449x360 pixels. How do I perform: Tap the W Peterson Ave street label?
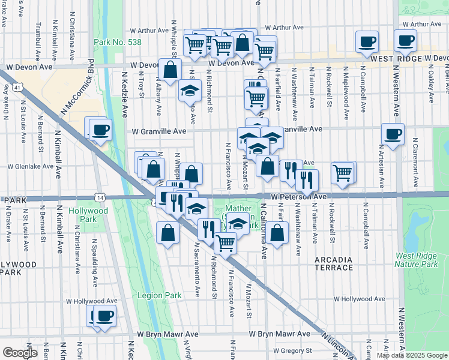click(298, 196)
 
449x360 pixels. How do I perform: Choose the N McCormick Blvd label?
click(92, 81)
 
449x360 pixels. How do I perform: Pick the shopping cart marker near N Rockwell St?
click(342, 172)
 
